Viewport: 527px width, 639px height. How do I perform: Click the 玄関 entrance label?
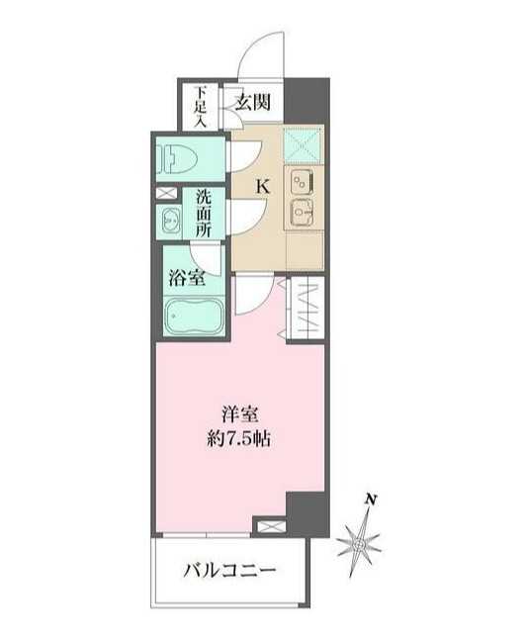coord(253,102)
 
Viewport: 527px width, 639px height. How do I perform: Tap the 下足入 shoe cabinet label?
coord(200,107)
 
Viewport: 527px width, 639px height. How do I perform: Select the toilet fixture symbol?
coord(178,159)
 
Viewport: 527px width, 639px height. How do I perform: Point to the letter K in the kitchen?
coord(263,187)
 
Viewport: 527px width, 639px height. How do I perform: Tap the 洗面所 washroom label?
coord(204,213)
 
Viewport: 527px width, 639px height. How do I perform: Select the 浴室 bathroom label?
coord(187,279)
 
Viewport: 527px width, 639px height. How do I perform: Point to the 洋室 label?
coord(239,415)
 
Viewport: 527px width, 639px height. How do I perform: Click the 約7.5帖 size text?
coord(238,439)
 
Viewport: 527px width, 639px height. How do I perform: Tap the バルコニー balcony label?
coord(228,569)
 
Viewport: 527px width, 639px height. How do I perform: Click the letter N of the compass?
coord(370,499)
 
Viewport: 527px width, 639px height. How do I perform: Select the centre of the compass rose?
coord(358,544)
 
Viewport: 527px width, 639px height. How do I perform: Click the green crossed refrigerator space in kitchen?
coord(302,144)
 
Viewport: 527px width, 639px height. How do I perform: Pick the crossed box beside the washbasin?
coord(166,193)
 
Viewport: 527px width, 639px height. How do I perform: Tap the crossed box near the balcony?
coord(270,525)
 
